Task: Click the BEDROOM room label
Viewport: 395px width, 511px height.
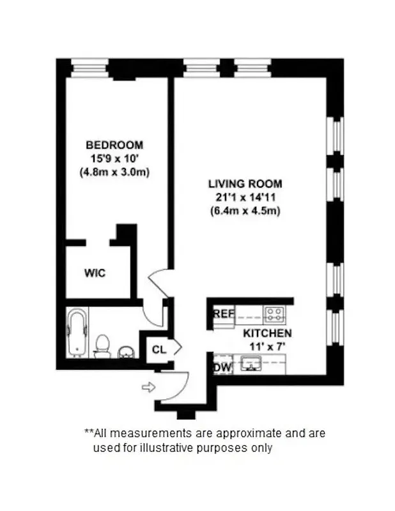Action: [114, 144]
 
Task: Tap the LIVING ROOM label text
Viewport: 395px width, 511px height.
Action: [245, 184]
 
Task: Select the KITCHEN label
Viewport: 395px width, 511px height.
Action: [267, 333]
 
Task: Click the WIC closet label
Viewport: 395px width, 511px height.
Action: [95, 273]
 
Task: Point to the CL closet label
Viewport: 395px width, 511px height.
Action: [159, 349]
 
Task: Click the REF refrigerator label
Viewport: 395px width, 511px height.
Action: [224, 314]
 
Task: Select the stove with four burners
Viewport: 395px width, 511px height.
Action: [275, 314]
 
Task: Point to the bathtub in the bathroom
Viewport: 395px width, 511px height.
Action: [77, 333]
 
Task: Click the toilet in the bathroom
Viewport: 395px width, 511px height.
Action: [102, 346]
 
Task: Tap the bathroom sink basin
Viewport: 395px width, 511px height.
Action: [126, 351]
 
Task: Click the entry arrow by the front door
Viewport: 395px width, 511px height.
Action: [148, 386]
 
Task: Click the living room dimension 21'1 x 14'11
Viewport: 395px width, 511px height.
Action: [245, 197]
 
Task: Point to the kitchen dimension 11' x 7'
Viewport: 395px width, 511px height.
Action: [267, 346]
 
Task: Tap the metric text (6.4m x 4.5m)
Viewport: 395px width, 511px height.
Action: [245, 210]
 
